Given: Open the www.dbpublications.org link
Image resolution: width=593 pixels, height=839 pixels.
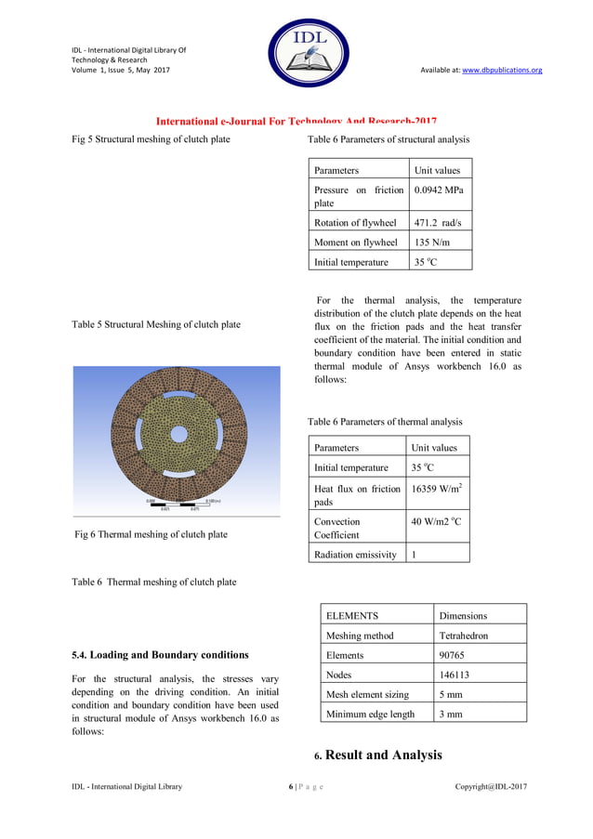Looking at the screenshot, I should click(x=502, y=70).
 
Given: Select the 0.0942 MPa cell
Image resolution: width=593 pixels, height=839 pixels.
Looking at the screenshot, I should click(x=439, y=190).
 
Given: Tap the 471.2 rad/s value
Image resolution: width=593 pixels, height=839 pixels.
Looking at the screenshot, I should click(x=438, y=223).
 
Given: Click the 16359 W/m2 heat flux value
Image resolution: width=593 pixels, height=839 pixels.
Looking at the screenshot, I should click(x=437, y=489).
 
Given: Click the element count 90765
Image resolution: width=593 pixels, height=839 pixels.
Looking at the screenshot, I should click(x=454, y=655).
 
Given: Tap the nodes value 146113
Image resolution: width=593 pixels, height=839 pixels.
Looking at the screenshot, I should click(x=456, y=675).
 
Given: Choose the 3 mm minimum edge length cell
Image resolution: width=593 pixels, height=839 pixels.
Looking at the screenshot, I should click(x=452, y=714).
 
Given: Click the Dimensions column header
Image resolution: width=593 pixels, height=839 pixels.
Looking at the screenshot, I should click(x=463, y=615).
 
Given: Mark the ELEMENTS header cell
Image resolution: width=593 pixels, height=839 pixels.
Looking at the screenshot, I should click(x=352, y=615).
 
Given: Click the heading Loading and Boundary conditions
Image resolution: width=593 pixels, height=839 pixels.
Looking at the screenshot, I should click(x=160, y=655).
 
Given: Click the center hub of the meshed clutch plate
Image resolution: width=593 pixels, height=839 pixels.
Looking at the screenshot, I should click(x=178, y=436).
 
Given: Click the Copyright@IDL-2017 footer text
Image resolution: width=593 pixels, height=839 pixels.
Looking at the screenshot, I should click(x=491, y=787).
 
